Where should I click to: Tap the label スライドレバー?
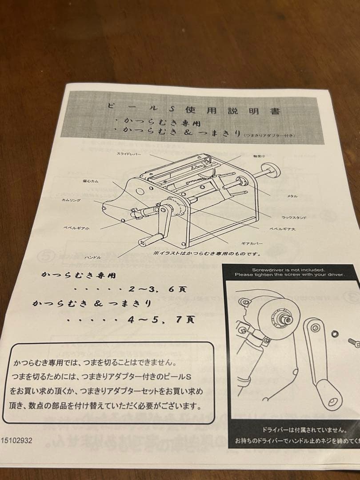click(x=128, y=153)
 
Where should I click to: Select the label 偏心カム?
click(x=90, y=181)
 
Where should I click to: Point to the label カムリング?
click(x=72, y=200)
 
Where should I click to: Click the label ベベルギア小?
click(x=76, y=228)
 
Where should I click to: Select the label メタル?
click(x=292, y=196)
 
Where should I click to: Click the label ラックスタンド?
click(x=294, y=217)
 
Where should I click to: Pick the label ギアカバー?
click(x=252, y=244)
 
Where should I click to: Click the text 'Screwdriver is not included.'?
click(x=288, y=269)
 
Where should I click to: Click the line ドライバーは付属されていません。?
click(x=304, y=430)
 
